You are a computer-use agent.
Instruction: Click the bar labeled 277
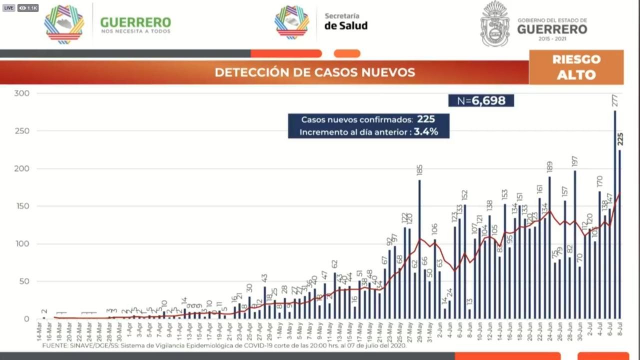coord(614,215)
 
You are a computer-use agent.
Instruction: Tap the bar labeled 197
coord(574,245)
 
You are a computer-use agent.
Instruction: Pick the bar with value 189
coord(549,247)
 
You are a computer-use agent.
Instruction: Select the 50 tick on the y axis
coord(23,281)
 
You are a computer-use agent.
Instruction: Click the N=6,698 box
coord(481,100)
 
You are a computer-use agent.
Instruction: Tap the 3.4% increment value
coord(425,132)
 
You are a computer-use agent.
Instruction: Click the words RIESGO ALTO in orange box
coord(576,67)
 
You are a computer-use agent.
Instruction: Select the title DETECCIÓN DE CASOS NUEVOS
coord(314,72)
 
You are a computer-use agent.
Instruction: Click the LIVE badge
coord(8,8)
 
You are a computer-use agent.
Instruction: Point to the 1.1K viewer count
coord(28,8)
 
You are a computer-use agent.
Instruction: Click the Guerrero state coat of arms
coord(494,23)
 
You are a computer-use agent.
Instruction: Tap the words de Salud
coord(345,26)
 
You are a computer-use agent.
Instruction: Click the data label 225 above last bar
coord(620,139)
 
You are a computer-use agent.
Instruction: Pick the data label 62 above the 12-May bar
coord(334,264)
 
